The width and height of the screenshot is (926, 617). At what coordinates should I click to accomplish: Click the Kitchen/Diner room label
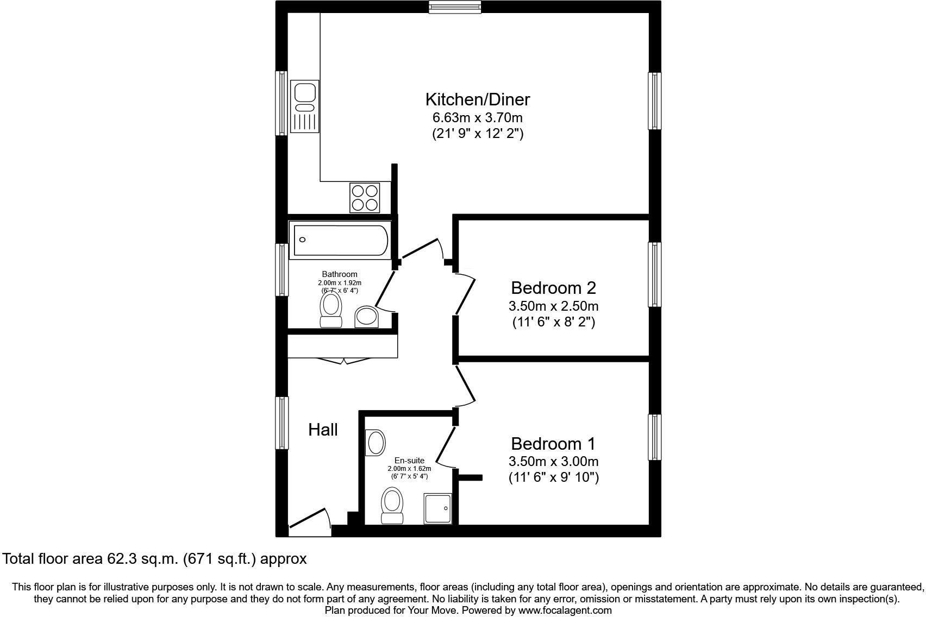pos(478,99)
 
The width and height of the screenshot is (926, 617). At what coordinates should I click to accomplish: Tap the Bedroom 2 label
pos(554,288)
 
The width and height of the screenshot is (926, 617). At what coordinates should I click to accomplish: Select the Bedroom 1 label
pos(553,443)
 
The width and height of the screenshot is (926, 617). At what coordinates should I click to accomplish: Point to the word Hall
pos(323,430)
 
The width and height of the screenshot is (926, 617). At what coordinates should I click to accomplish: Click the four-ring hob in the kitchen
pos(365,198)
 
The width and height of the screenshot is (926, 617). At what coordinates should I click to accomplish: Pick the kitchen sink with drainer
pos(305,106)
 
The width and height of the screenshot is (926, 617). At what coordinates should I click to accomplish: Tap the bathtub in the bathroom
pos(340,240)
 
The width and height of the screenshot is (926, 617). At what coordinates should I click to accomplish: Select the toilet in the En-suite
pos(392,506)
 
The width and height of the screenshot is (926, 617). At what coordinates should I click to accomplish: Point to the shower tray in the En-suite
pos(438,509)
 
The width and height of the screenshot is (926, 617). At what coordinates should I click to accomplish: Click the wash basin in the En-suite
pos(376,443)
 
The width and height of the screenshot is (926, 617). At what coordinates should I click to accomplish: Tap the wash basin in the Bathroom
pos(367,317)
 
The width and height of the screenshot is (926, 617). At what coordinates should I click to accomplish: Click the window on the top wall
pos(455,7)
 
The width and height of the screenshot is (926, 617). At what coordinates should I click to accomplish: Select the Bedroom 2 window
pos(654,274)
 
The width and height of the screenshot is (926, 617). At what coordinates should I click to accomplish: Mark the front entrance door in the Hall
pos(310,522)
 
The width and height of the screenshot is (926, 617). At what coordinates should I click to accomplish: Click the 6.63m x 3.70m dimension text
pos(478,118)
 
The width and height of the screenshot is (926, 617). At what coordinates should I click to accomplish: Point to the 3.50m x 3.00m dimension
pos(554,461)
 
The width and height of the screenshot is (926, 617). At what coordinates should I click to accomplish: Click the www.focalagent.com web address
pos(565,610)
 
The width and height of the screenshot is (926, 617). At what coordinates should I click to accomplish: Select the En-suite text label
pos(409,461)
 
